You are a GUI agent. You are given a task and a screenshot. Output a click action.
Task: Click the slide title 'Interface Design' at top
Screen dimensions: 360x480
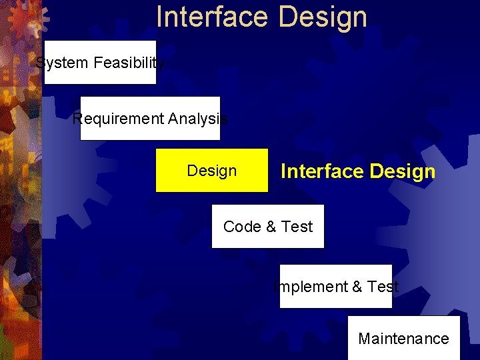tap(261, 17)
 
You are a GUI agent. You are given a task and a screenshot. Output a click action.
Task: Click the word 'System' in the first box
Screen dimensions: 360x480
tap(62, 63)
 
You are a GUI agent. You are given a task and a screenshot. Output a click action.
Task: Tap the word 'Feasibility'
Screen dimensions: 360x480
tap(129, 63)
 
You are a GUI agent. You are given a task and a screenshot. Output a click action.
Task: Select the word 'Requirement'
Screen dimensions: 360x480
tap(118, 119)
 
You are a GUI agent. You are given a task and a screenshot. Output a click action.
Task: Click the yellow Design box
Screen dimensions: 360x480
tap(212, 171)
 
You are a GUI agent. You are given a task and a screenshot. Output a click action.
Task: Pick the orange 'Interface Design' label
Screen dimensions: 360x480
tap(358, 171)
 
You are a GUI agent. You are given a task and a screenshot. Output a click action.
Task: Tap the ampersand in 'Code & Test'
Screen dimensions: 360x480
tap(271, 227)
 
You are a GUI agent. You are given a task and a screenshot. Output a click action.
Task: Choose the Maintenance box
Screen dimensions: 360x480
tap(403, 338)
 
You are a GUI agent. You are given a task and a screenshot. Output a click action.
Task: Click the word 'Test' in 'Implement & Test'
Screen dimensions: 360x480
tap(383, 287)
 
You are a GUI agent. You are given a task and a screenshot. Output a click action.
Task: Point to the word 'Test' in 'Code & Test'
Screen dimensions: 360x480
tap(297, 227)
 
